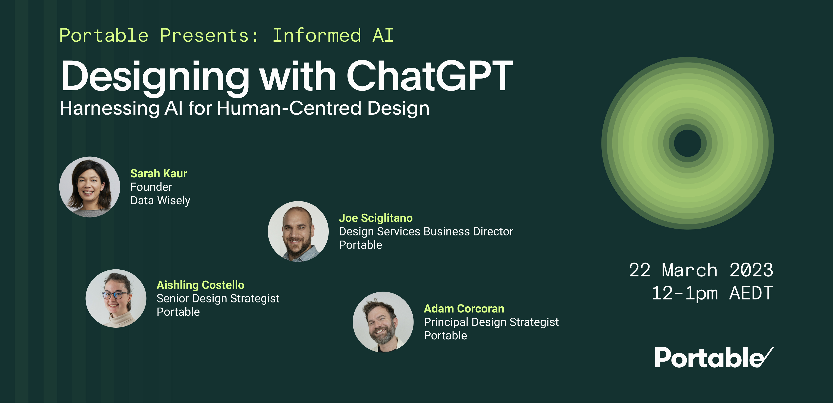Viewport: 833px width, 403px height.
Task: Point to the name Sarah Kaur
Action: (x=158, y=174)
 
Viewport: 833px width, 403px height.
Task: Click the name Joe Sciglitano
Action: (x=375, y=218)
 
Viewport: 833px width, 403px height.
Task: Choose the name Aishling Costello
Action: (x=200, y=285)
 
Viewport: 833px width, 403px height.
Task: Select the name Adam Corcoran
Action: (x=464, y=309)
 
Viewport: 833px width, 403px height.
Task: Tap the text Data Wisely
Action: (x=160, y=200)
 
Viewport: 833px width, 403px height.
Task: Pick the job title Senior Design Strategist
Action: (x=218, y=298)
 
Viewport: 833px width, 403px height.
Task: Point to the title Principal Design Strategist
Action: (x=491, y=322)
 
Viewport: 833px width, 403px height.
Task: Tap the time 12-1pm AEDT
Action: (x=712, y=293)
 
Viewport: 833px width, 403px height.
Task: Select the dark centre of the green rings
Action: (x=688, y=143)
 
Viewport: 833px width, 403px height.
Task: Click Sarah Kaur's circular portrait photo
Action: (x=89, y=187)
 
